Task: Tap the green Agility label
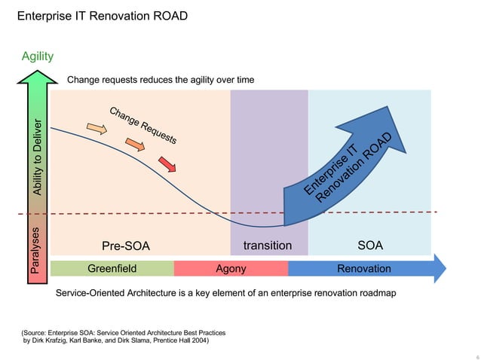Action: point(37,55)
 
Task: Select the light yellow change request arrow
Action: point(97,130)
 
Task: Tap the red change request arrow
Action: point(166,163)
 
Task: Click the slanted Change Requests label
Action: point(143,125)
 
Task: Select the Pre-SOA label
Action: point(126,246)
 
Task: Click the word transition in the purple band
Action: point(268,246)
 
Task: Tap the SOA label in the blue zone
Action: point(369,246)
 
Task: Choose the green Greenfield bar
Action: point(112,268)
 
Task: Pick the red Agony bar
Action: point(231,268)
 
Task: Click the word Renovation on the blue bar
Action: point(363,268)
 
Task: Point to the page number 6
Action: point(468,353)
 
